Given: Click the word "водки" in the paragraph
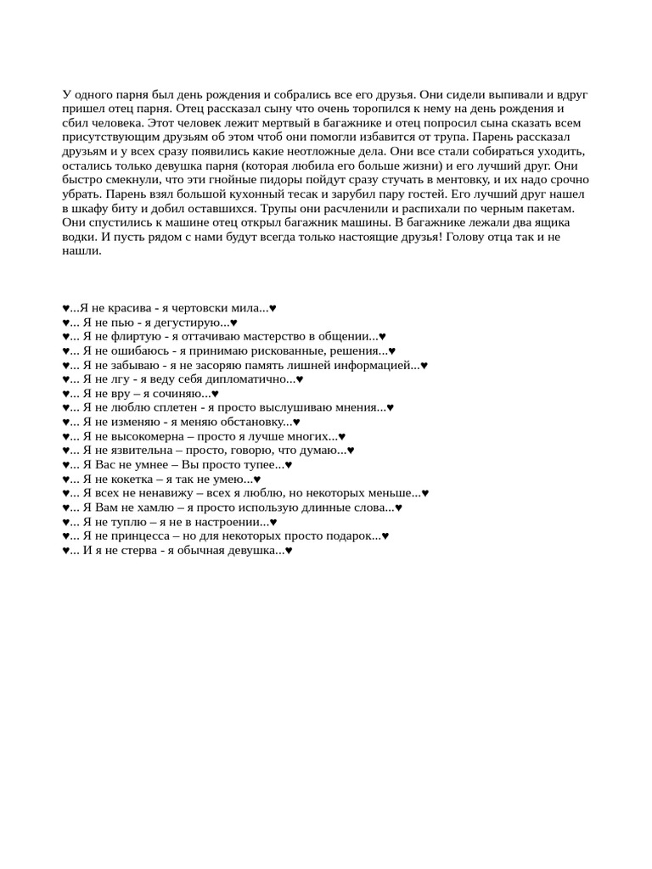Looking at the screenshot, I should (79, 237).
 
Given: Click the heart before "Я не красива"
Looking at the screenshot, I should (66, 308).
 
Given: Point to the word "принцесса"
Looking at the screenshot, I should (138, 535).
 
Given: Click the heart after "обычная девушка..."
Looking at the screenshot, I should (289, 550).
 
